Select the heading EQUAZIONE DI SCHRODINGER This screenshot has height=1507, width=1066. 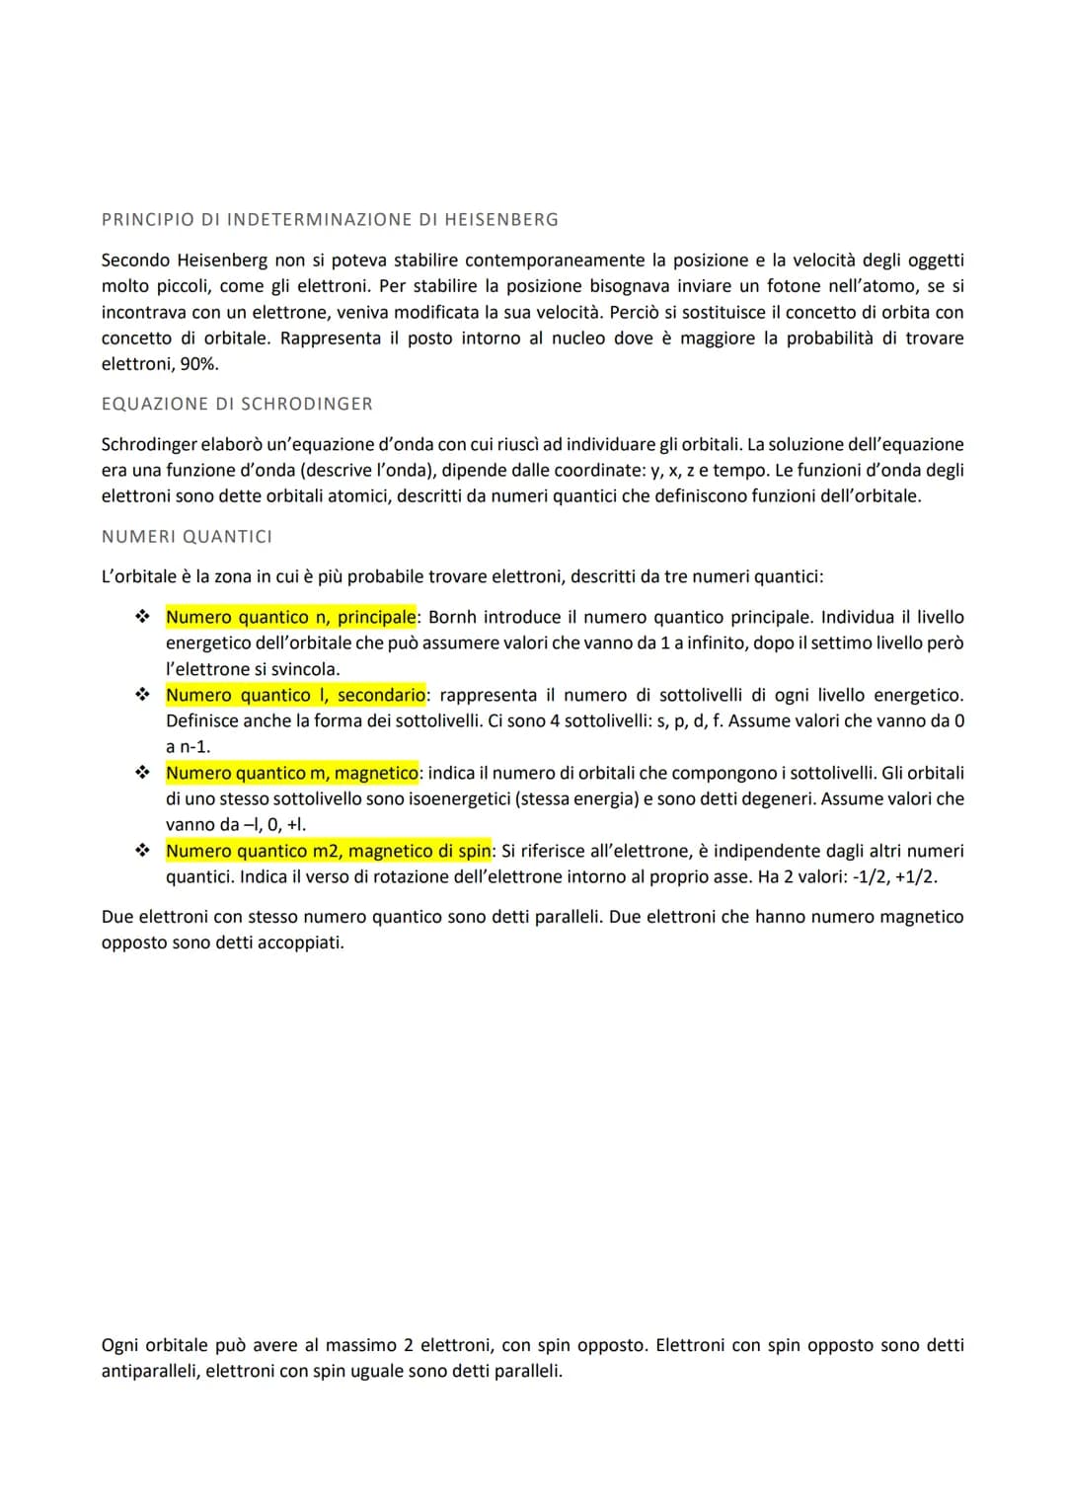pos(237,404)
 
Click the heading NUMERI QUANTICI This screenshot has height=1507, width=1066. pos(187,537)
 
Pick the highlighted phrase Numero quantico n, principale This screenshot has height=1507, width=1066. pos(291,618)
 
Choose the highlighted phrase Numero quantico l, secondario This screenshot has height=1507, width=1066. pos(295,696)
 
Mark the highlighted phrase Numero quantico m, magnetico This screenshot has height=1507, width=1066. pos(292,774)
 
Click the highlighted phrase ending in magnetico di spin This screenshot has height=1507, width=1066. pos(328,852)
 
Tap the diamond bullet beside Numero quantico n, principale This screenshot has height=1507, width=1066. pos(142,618)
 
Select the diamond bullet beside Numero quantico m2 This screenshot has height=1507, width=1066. pos(142,852)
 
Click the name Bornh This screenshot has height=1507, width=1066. pos(452,618)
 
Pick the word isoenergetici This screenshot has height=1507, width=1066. pos(458,799)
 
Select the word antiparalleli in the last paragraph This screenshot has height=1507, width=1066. pos(149,1372)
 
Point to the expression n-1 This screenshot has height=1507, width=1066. pos(194,747)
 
